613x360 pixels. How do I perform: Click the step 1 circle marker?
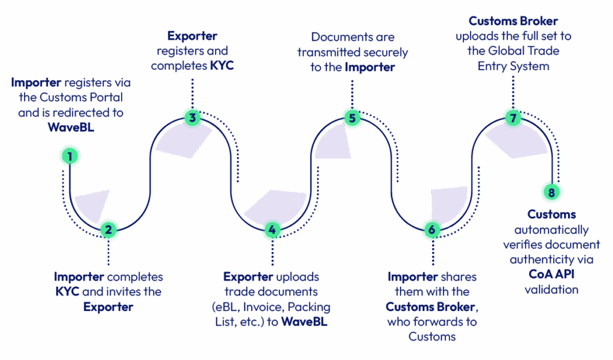click(x=70, y=157)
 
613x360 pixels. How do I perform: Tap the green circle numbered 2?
click(x=108, y=229)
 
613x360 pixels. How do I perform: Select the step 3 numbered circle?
click(x=192, y=117)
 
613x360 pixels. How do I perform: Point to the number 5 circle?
click(x=352, y=118)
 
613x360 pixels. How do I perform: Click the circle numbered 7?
click(x=512, y=118)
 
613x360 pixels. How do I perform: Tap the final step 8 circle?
click(x=551, y=192)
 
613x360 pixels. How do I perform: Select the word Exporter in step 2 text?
click(x=108, y=307)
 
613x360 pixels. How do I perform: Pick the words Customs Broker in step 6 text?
click(x=430, y=307)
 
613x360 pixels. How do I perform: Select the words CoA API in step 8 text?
click(x=545, y=275)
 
